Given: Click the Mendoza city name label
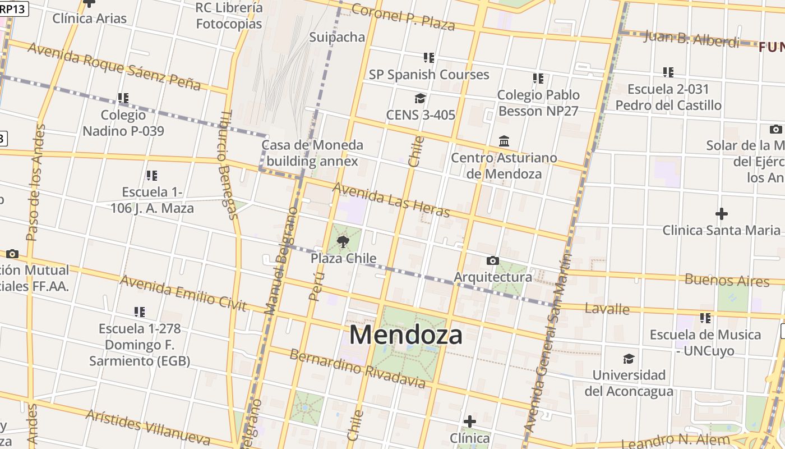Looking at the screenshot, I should pyautogui.click(x=405, y=335).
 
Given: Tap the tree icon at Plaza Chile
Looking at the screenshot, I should pyautogui.click(x=343, y=242).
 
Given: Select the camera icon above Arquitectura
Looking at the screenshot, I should pyautogui.click(x=493, y=260).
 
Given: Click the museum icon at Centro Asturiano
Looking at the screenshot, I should pyautogui.click(x=504, y=141).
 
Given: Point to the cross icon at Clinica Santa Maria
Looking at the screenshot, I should pyautogui.click(x=722, y=214).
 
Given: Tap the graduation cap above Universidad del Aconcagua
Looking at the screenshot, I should pyautogui.click(x=629, y=359).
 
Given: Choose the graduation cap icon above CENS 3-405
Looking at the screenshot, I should pyautogui.click(x=420, y=99).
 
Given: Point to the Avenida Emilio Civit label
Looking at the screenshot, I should pyautogui.click(x=183, y=293).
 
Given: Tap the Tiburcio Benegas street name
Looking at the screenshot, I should pyautogui.click(x=227, y=164).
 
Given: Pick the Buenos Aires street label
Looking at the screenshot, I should pyautogui.click(x=727, y=280).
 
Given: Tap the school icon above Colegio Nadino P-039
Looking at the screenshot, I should pyautogui.click(x=123, y=98).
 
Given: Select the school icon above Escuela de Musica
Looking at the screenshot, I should pyautogui.click(x=705, y=318).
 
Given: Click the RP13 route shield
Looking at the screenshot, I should pyautogui.click(x=12, y=9).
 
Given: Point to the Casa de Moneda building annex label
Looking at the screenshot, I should pyautogui.click(x=312, y=153).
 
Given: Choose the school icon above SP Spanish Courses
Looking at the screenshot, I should pyautogui.click(x=429, y=58).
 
